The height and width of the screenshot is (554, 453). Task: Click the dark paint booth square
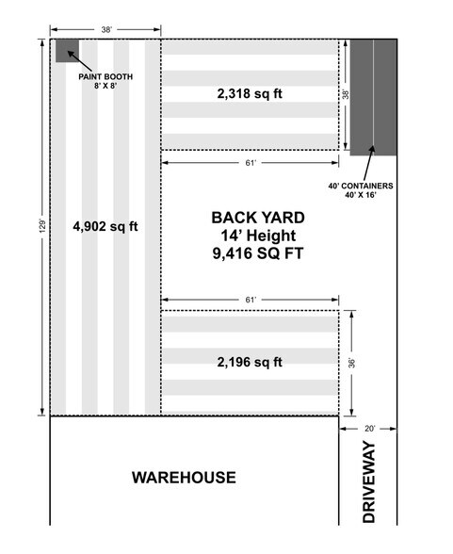(x=67, y=51)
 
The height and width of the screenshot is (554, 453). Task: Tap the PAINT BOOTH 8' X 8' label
(x=105, y=81)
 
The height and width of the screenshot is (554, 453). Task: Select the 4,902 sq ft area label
(x=105, y=226)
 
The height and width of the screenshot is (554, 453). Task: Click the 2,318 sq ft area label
(x=250, y=93)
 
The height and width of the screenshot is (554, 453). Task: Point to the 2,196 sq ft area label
(x=250, y=362)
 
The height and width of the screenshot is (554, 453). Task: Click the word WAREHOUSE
(x=184, y=478)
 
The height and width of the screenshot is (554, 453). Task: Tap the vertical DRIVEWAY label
(x=369, y=481)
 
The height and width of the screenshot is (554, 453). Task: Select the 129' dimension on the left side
(x=42, y=226)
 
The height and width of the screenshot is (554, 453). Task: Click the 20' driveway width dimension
(x=369, y=429)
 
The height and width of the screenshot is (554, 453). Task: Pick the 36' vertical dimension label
(x=351, y=363)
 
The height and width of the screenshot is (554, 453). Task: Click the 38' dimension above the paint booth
(x=106, y=30)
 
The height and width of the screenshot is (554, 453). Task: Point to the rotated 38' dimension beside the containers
(x=346, y=94)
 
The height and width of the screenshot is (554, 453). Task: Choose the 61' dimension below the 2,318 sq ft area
(x=251, y=163)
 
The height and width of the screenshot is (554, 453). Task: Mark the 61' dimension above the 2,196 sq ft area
(x=251, y=300)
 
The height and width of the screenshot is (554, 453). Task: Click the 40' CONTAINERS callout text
(x=361, y=190)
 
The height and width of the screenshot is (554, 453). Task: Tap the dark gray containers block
(x=373, y=97)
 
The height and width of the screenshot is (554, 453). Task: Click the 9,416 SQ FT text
(x=258, y=253)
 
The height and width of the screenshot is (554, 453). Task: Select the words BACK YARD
(x=258, y=218)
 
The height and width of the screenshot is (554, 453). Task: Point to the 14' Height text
(x=258, y=236)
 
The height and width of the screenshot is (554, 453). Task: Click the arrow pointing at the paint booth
(x=80, y=60)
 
